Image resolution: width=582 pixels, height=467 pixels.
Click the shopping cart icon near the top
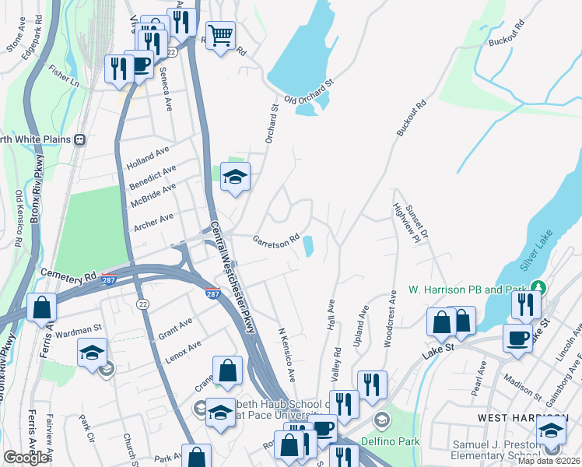221,34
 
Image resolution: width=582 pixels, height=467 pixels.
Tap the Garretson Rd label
275,240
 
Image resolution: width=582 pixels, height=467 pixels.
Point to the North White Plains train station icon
79,139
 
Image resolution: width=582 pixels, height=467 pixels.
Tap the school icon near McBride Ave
234,176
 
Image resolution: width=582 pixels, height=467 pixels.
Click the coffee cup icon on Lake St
517,339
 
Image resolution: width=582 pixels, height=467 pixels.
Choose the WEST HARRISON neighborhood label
507,419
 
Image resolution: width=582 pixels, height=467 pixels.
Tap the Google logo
26,458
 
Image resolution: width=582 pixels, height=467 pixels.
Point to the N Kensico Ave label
286,353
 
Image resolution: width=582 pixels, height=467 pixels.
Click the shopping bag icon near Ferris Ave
41,307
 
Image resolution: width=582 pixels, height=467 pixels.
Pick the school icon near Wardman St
92,352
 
